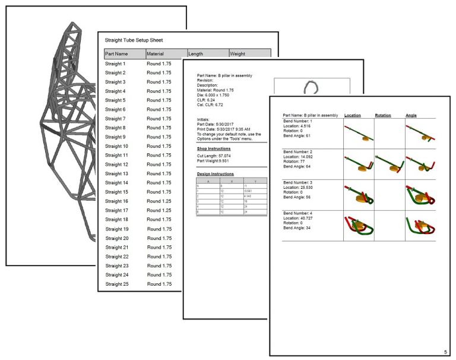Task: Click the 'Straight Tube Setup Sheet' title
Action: (134, 40)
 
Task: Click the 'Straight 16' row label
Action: (117, 201)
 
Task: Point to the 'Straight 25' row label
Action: (117, 284)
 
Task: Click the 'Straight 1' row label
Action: (115, 64)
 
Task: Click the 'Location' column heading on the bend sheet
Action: (353, 115)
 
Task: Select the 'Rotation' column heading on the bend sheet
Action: (383, 115)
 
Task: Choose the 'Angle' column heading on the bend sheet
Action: (411, 115)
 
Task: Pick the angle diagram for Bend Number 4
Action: (419, 225)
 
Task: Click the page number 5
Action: (445, 351)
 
